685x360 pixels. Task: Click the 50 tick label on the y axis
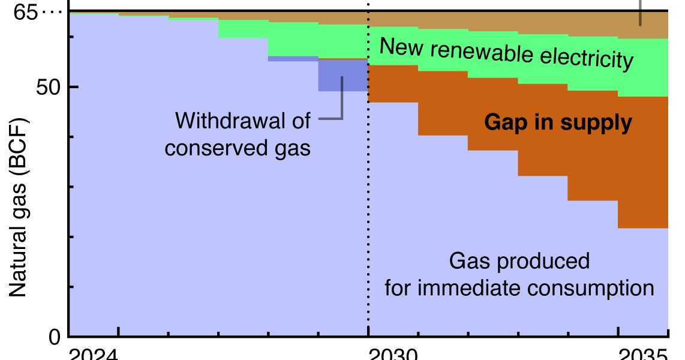[46, 87]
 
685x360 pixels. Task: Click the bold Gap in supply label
[557, 123]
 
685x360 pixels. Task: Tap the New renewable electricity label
[506, 53]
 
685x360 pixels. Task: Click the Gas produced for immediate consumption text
[519, 275]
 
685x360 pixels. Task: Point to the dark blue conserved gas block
[342, 76]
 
